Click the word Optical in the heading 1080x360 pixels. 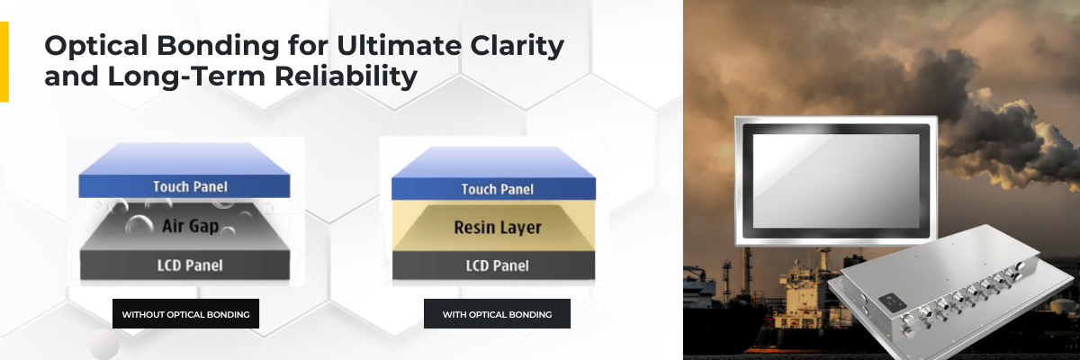point(96,46)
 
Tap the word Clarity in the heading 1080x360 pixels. point(517,46)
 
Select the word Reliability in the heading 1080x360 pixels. point(346,76)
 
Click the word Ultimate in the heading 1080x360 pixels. point(399,45)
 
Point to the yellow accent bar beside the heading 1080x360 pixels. point(4,62)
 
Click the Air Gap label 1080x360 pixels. point(191,226)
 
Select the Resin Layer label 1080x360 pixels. point(498,228)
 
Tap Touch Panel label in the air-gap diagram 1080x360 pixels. point(190,186)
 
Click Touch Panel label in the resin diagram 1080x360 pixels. point(497,189)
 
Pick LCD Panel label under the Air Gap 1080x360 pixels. point(190,265)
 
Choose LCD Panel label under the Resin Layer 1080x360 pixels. point(497,265)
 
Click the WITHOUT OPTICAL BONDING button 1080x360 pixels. point(185,314)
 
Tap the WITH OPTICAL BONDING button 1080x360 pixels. point(497,314)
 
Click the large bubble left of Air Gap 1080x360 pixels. point(139,225)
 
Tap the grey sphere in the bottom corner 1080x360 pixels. point(103,344)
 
